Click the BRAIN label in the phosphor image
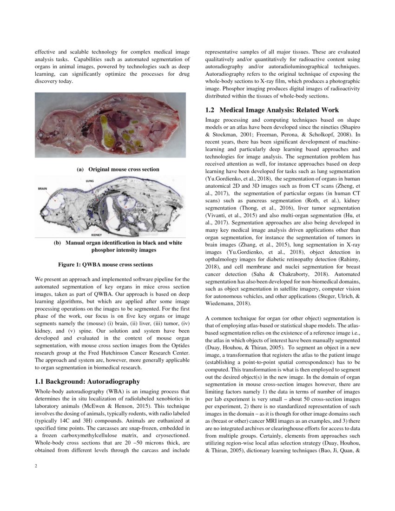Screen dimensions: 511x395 point(43,189)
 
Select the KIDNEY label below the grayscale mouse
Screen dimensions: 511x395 point(97,236)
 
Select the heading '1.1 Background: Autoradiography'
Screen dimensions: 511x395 point(87,381)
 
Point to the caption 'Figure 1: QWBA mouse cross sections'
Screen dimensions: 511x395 point(105,265)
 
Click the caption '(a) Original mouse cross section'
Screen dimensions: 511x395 point(118,169)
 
